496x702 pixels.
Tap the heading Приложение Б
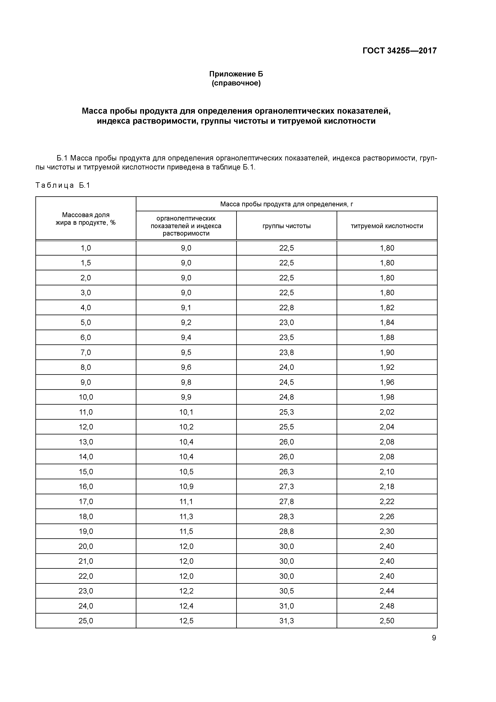[236, 74]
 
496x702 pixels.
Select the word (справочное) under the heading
[236, 83]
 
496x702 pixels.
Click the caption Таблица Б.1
[63, 185]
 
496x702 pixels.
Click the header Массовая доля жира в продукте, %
[86, 219]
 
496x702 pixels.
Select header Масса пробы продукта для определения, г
[286, 204]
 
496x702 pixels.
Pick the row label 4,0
[86, 308]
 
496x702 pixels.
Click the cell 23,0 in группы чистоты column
[286, 323]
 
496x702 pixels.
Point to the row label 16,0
[86, 486]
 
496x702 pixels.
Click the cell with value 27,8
[286, 501]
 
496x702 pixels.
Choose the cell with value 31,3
[286, 621]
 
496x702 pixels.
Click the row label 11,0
[86, 412]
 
